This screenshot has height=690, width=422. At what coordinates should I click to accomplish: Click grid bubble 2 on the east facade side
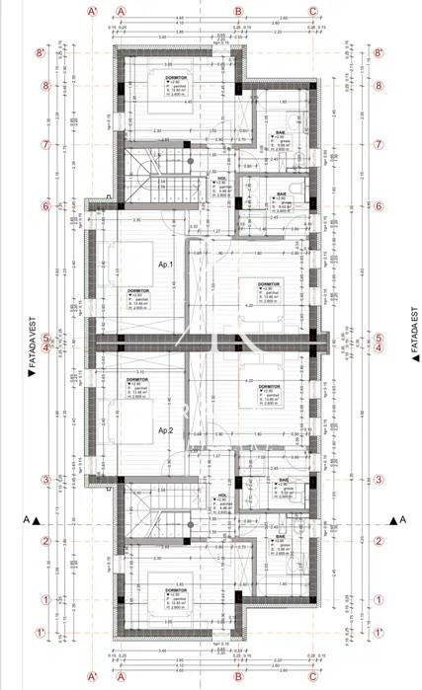pyautogui.click(x=379, y=540)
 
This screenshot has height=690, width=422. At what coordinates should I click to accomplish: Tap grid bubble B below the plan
pyautogui.click(x=238, y=678)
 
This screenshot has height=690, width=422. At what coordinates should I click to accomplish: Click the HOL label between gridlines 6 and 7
pyautogui.click(x=221, y=180)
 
